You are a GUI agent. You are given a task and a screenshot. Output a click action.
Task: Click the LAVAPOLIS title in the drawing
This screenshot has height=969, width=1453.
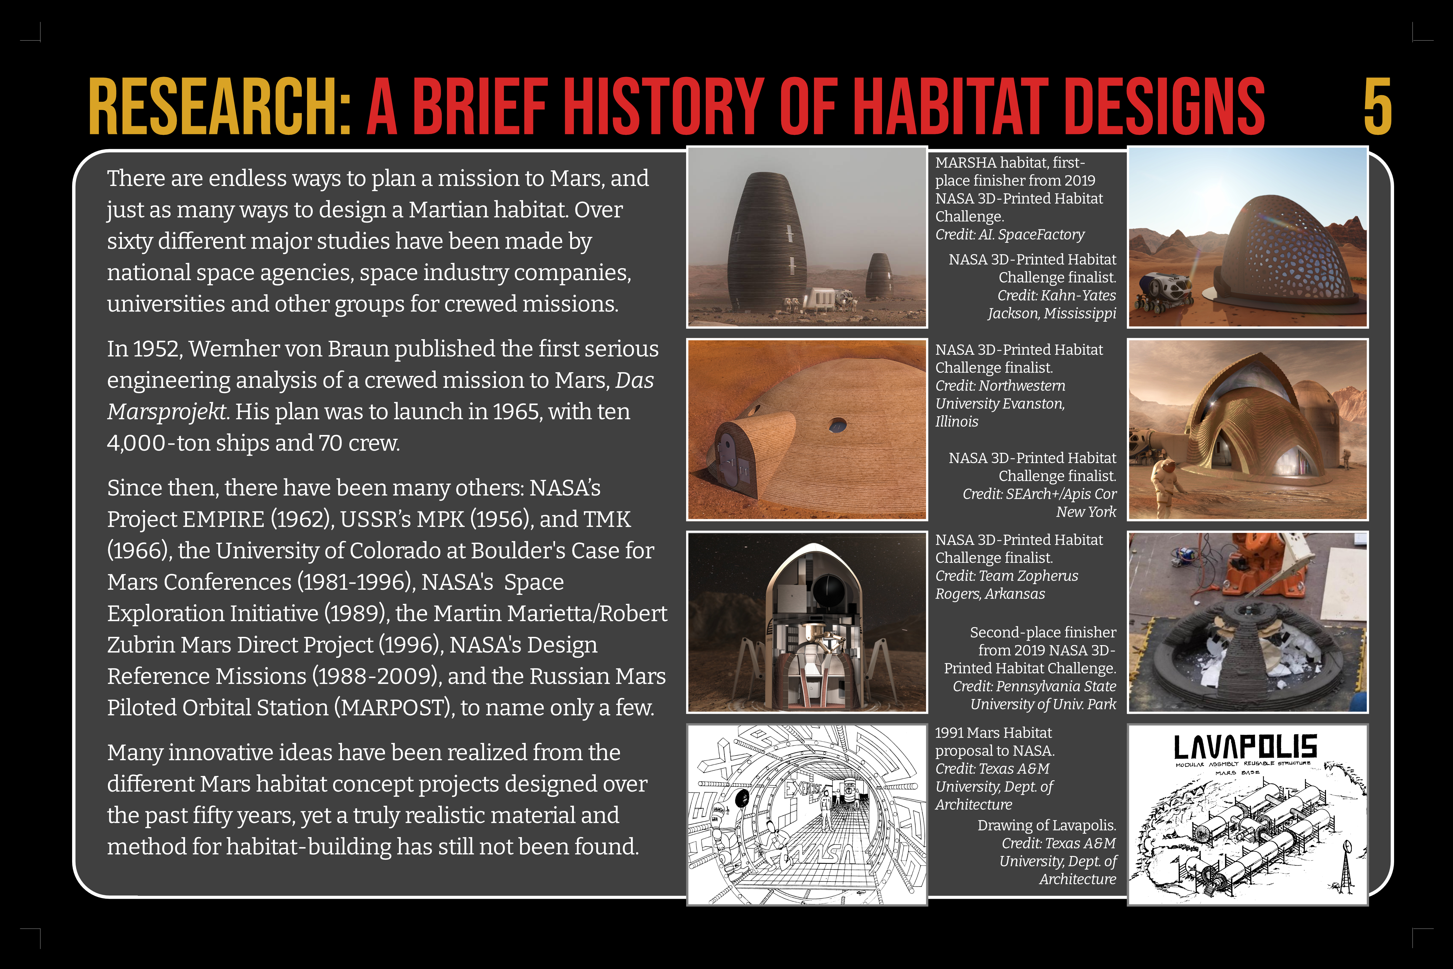coord(1246,748)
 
